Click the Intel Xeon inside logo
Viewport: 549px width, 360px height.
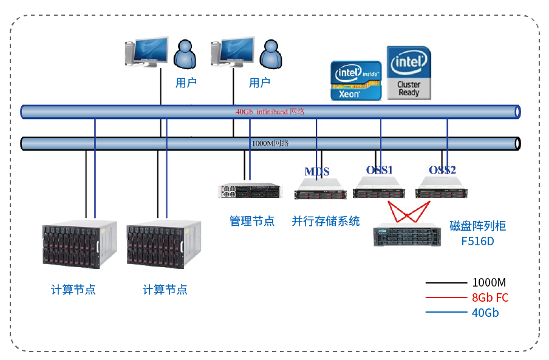coord(356,80)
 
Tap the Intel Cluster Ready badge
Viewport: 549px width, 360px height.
coord(409,73)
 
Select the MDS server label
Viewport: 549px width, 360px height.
coord(317,172)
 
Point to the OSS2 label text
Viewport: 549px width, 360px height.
coord(442,170)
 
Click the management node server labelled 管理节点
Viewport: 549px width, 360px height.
coord(251,191)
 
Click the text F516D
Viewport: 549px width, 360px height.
coord(477,241)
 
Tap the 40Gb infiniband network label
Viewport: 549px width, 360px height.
coord(270,112)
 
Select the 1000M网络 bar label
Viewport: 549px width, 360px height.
coord(270,143)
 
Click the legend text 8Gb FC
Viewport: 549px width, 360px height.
coord(490,298)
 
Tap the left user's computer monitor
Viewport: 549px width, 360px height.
coord(148,52)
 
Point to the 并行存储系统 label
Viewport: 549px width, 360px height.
coord(326,221)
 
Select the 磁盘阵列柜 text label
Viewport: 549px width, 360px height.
coord(477,226)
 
